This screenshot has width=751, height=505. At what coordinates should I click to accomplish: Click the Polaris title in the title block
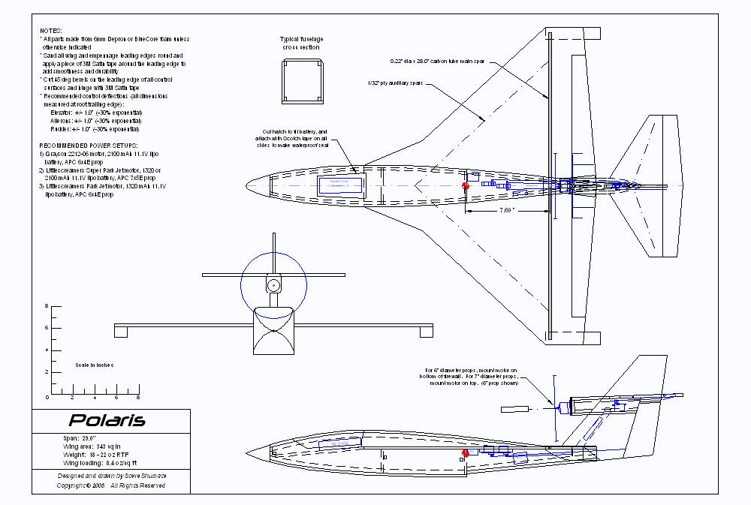pos(97,420)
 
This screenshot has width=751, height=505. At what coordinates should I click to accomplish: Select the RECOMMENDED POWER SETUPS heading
pos(88,144)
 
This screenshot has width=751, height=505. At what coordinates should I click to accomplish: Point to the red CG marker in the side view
pos(466,453)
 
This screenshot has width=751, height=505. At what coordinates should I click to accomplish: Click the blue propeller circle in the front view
pos(273,285)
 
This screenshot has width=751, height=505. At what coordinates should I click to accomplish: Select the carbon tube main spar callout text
pos(442,60)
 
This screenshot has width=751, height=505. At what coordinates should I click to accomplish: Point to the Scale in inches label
pos(95,365)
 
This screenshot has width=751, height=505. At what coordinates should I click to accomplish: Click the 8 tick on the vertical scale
pos(46,306)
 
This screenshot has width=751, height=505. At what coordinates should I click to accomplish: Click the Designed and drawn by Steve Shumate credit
pos(112,475)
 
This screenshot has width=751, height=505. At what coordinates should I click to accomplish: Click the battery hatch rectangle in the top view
pos(342,185)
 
